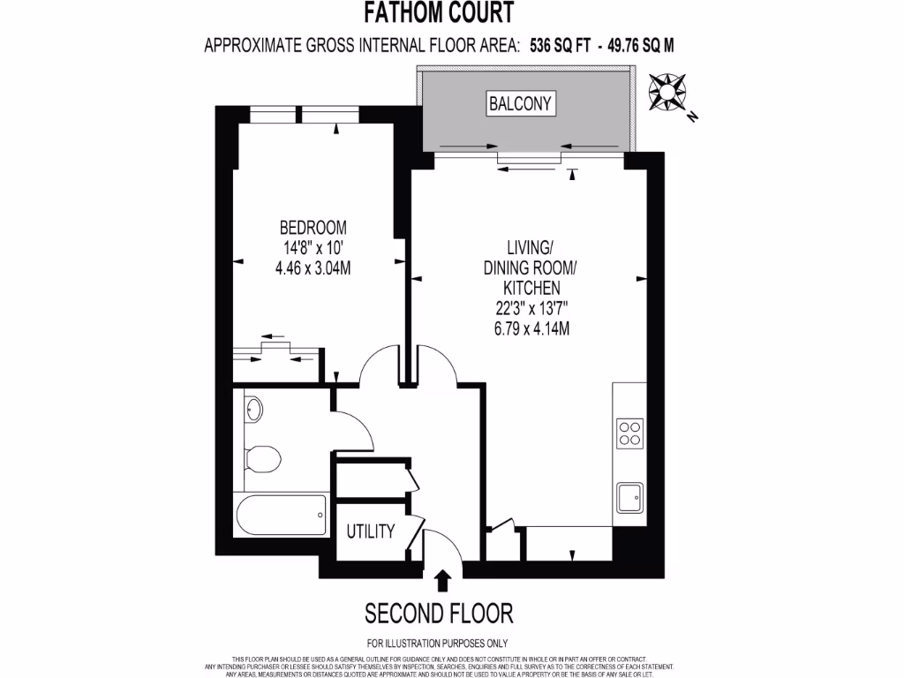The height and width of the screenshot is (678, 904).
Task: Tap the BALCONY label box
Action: pyautogui.click(x=521, y=103)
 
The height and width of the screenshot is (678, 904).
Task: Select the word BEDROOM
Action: pyautogui.click(x=313, y=227)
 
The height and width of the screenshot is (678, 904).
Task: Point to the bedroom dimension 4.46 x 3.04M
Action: pyautogui.click(x=313, y=267)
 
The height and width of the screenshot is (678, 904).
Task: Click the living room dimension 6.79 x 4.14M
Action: pyautogui.click(x=531, y=329)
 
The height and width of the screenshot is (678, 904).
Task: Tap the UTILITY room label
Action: pyautogui.click(x=370, y=531)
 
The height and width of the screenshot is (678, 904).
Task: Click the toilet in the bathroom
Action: pyautogui.click(x=262, y=457)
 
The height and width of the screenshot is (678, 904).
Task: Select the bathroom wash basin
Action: pyautogui.click(x=254, y=409)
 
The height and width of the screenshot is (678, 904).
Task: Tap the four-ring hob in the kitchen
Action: pyautogui.click(x=630, y=433)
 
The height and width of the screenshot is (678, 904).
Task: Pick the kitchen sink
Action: pyautogui.click(x=630, y=498)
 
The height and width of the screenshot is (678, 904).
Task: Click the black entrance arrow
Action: pyautogui.click(x=442, y=579)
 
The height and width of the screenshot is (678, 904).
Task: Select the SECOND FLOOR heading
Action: pyautogui.click(x=439, y=613)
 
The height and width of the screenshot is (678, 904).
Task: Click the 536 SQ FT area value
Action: pyautogui.click(x=559, y=45)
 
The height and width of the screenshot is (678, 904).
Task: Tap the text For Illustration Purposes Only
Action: pyautogui.click(x=437, y=643)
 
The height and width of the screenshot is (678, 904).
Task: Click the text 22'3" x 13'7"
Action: pyautogui.click(x=531, y=309)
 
